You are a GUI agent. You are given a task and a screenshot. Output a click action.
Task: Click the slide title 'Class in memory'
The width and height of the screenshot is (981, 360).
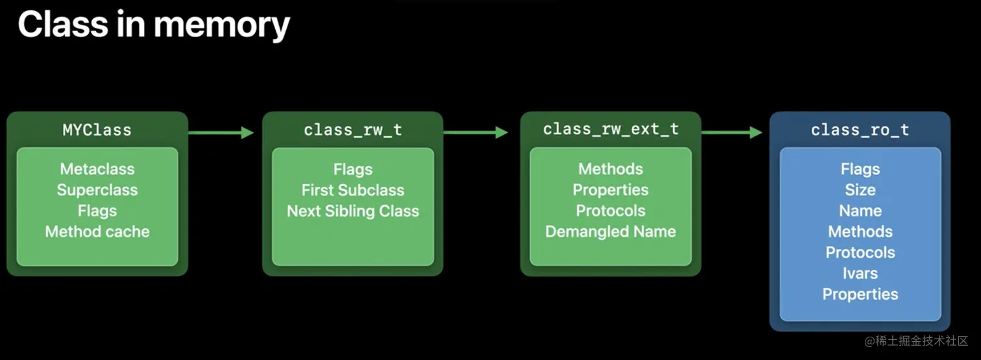(153, 25)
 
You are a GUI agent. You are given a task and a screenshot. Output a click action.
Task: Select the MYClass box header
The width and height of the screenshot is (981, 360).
(97, 130)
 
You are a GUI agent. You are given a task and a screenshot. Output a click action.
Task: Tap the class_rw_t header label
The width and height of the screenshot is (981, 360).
(352, 130)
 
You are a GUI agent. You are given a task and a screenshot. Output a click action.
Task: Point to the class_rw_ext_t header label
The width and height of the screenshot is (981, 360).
(611, 129)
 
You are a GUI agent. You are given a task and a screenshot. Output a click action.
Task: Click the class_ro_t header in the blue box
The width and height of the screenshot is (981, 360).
(860, 130)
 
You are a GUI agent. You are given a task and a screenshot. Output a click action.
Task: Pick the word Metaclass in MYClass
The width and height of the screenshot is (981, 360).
(97, 169)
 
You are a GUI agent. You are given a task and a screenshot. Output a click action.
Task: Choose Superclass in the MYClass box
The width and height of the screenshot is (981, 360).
(97, 190)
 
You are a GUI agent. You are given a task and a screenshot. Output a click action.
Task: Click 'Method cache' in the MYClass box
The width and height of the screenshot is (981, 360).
(97, 232)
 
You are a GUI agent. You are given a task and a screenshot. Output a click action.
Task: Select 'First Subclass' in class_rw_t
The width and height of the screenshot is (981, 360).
(352, 190)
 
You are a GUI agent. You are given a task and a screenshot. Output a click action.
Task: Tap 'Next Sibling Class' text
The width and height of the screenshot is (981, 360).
(352, 211)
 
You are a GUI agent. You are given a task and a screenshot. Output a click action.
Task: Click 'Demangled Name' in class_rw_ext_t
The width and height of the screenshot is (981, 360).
(611, 232)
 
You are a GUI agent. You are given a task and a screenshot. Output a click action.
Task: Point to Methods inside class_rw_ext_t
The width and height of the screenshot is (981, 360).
(611, 169)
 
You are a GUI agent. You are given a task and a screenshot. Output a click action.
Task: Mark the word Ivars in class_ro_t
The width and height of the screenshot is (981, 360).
(860, 273)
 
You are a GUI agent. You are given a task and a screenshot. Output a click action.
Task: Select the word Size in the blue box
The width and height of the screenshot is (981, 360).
(860, 190)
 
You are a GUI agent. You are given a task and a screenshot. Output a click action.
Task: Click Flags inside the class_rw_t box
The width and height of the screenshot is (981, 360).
(352, 169)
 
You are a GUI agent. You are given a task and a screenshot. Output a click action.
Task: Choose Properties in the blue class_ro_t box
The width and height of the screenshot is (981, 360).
(860, 294)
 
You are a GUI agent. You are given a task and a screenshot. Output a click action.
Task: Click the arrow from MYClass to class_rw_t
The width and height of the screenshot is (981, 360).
(221, 133)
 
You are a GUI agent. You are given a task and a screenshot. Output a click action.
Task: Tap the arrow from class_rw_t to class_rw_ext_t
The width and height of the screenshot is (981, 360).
(476, 133)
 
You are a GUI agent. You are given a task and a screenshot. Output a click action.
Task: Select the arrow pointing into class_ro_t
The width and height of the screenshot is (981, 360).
(732, 133)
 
